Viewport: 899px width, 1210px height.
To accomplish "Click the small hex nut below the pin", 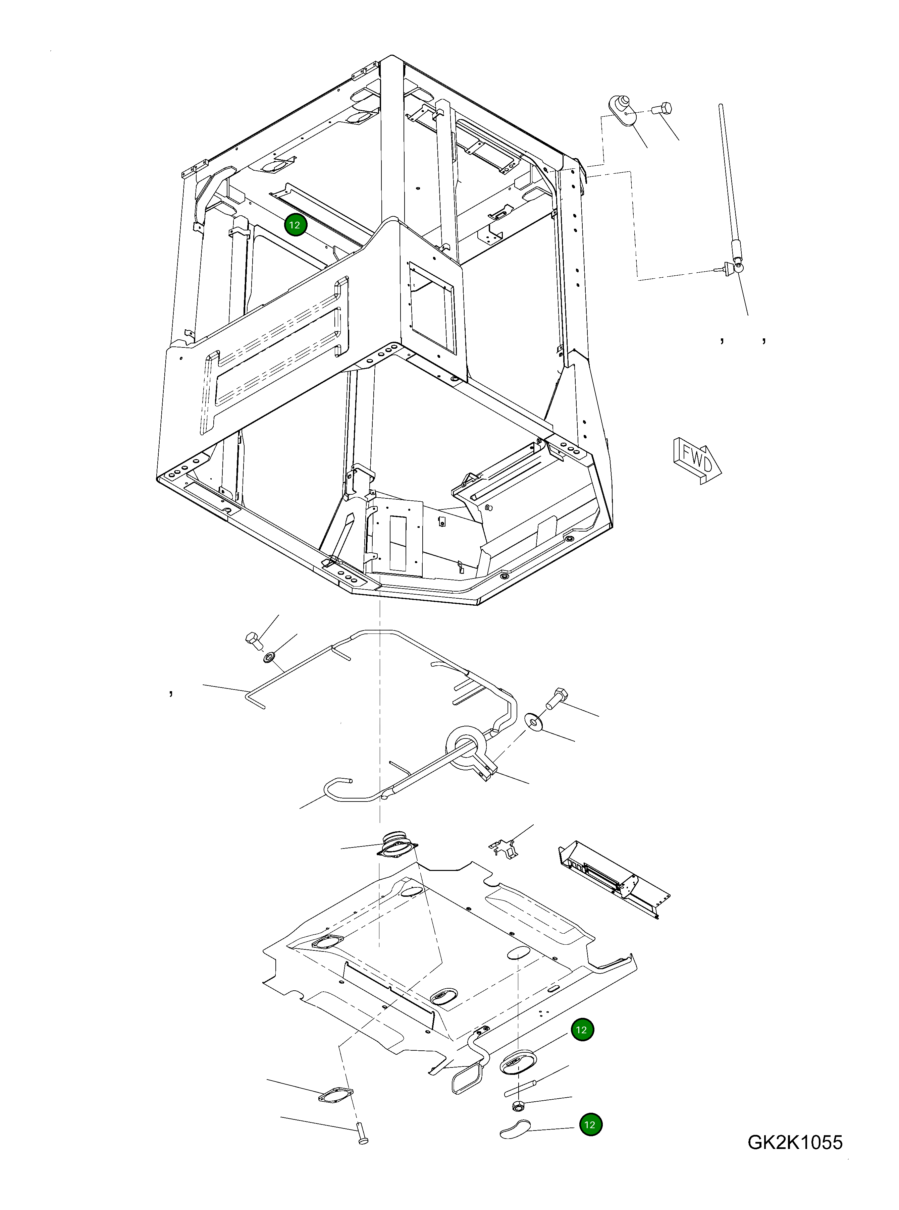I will point(518,1105).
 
